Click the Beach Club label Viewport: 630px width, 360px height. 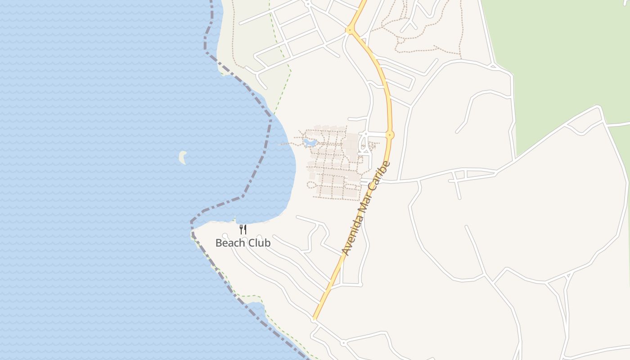tap(243, 243)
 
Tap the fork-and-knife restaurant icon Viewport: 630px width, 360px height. tap(243, 229)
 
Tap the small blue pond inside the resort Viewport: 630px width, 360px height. tap(310, 143)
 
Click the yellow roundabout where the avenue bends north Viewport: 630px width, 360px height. tap(349, 30)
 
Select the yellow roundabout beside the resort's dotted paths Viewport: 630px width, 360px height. tap(390, 135)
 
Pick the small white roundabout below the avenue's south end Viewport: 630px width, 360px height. tap(343, 343)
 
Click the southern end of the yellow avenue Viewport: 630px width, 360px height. tap(315, 318)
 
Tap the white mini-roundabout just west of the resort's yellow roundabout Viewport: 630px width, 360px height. tap(366, 134)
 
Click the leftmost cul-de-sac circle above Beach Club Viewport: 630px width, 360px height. tap(225, 236)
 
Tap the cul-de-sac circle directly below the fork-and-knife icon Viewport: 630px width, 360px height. tap(244, 238)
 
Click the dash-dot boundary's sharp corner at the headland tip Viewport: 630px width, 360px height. tap(192, 222)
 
